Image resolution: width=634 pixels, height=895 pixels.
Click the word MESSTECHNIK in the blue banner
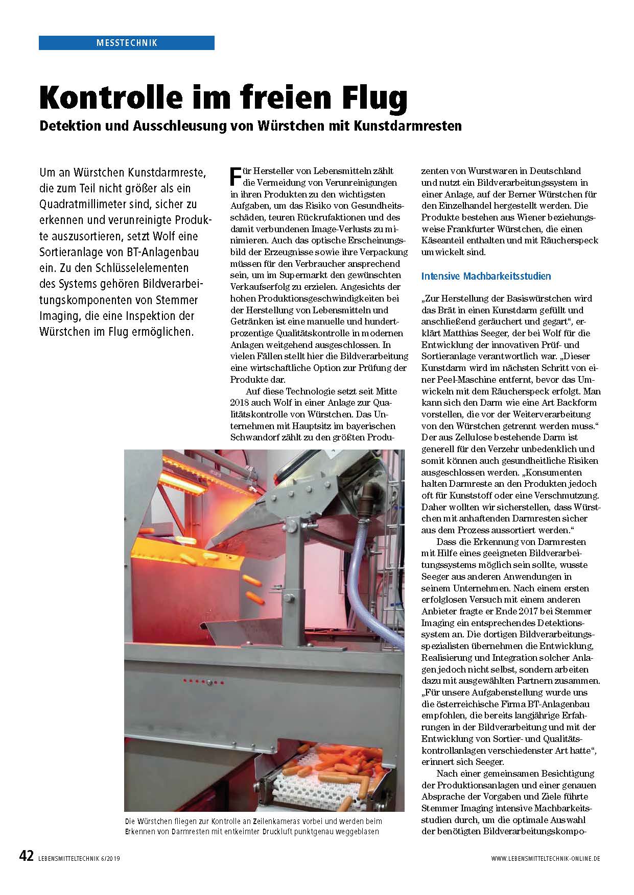[x=127, y=43]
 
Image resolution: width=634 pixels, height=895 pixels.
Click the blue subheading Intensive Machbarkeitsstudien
[x=486, y=276]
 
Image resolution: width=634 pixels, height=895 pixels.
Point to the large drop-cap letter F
[x=236, y=177]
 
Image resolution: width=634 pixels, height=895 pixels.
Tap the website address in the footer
[x=546, y=859]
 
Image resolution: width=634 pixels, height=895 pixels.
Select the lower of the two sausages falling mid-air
[x=254, y=596]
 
